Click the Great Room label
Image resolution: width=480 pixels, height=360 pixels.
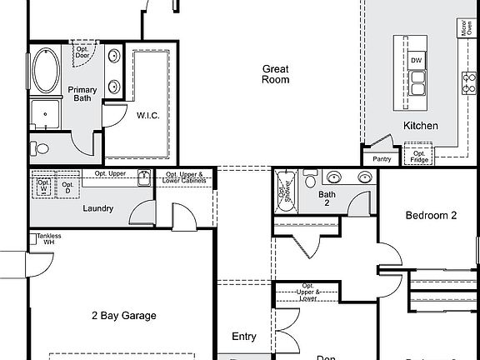[276, 74]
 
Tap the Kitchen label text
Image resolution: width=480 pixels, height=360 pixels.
[421, 126]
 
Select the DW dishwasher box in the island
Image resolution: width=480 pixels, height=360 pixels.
[416, 60]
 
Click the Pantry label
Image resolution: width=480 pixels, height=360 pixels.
[382, 158]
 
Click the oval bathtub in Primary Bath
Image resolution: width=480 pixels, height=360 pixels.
[45, 72]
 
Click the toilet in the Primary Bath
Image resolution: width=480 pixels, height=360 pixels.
[38, 148]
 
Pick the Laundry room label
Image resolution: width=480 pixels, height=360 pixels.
[97, 208]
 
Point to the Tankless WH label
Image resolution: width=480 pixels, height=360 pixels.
[47, 238]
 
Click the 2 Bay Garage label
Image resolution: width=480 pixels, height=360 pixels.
[123, 316]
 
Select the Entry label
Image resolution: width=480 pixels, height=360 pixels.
[243, 337]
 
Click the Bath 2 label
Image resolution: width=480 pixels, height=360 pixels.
[327, 198]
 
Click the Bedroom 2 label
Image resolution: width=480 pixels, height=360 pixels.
[431, 215]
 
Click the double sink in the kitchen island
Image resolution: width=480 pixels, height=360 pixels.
[416, 82]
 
